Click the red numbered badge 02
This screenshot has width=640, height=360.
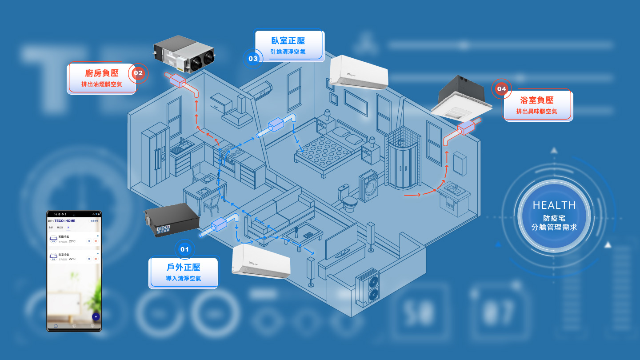coord(138,73)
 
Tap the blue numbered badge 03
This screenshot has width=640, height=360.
coord(253,58)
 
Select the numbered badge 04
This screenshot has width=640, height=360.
coord(501,89)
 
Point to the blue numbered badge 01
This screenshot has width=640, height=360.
coord(184,249)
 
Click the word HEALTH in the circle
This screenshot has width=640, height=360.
coord(554,205)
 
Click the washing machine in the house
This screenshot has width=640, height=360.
coord(368,186)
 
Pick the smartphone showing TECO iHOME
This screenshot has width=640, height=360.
coord(74,271)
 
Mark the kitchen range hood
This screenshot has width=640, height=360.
coord(237,114)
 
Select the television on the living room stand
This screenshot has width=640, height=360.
coord(341,243)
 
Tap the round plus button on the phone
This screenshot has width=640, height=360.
coord(96,316)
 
